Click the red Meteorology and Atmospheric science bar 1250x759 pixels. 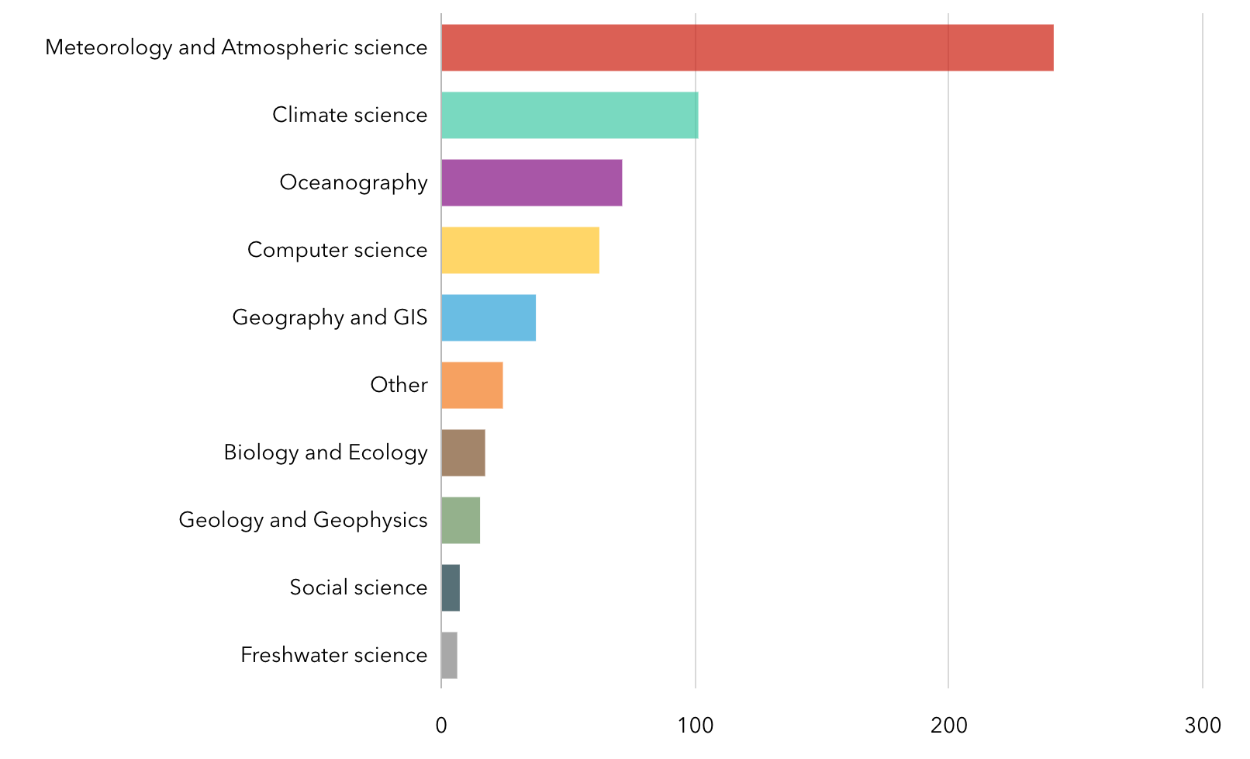tap(747, 48)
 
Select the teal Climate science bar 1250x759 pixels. tap(569, 116)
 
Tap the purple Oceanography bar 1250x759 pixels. tap(531, 183)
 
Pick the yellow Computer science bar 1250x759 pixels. tap(520, 251)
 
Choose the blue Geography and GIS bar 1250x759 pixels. tap(488, 318)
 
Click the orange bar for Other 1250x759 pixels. tap(471, 386)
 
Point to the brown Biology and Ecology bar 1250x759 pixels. tap(463, 453)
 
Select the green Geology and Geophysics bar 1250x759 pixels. tap(461, 521)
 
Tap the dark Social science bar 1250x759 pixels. tap(451, 588)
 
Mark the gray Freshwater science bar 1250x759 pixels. tap(449, 656)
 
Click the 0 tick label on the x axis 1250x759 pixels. tap(441, 726)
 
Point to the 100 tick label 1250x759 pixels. tap(695, 726)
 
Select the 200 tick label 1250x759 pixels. tap(948, 726)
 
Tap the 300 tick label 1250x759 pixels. tap(1203, 726)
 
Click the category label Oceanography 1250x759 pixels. tap(354, 183)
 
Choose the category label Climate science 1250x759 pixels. tap(350, 115)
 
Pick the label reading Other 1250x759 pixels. tap(399, 385)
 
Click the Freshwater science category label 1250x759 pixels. tap(333, 655)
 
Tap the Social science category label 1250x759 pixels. tap(358, 587)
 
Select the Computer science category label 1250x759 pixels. tap(337, 250)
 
